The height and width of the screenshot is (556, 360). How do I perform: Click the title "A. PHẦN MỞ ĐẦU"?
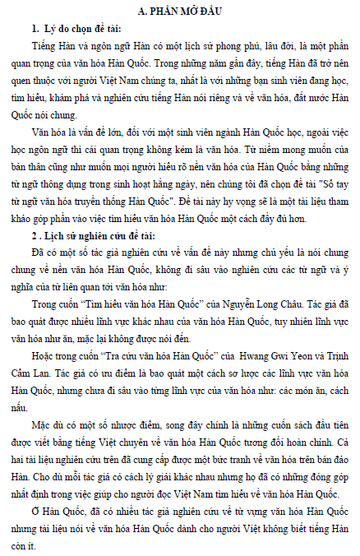click(179, 10)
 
